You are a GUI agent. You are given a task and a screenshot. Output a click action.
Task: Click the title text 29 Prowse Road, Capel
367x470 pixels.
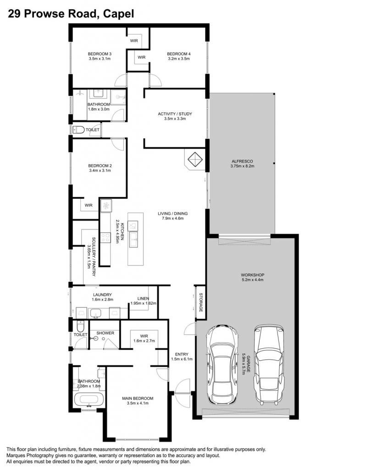point(71,13)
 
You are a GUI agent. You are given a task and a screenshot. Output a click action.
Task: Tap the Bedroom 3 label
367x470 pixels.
point(100,54)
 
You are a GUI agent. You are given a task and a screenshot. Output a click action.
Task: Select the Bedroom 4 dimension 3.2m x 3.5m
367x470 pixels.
point(178,59)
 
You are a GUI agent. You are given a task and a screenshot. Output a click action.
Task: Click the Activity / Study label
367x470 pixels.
point(175,114)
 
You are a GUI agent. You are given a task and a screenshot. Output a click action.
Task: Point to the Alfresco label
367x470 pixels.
point(242,161)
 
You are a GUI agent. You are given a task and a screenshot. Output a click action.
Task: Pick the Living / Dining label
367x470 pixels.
point(173,214)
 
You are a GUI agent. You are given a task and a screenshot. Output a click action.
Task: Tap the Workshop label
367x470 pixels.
point(253,275)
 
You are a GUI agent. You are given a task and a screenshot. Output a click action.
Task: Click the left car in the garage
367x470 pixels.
point(222,365)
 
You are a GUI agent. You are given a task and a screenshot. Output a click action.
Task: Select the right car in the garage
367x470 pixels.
point(269,364)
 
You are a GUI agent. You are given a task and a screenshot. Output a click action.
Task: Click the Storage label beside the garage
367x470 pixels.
point(201,302)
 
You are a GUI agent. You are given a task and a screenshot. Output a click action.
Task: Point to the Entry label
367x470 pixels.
point(182,354)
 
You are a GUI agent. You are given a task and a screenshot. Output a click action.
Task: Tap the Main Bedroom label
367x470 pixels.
point(138,398)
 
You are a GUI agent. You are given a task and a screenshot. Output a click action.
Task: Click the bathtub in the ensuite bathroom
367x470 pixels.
point(89,400)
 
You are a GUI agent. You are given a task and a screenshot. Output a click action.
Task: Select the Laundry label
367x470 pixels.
point(102,295)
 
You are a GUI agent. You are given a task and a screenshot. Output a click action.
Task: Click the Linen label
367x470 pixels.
point(143,298)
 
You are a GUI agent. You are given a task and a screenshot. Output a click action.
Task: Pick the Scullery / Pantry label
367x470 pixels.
point(94,257)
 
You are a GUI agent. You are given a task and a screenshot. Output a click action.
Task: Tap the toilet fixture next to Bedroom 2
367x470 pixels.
point(79,130)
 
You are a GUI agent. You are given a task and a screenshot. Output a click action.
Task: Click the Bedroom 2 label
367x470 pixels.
point(100,166)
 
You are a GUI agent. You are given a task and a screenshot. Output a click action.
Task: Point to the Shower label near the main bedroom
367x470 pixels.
point(105,333)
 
